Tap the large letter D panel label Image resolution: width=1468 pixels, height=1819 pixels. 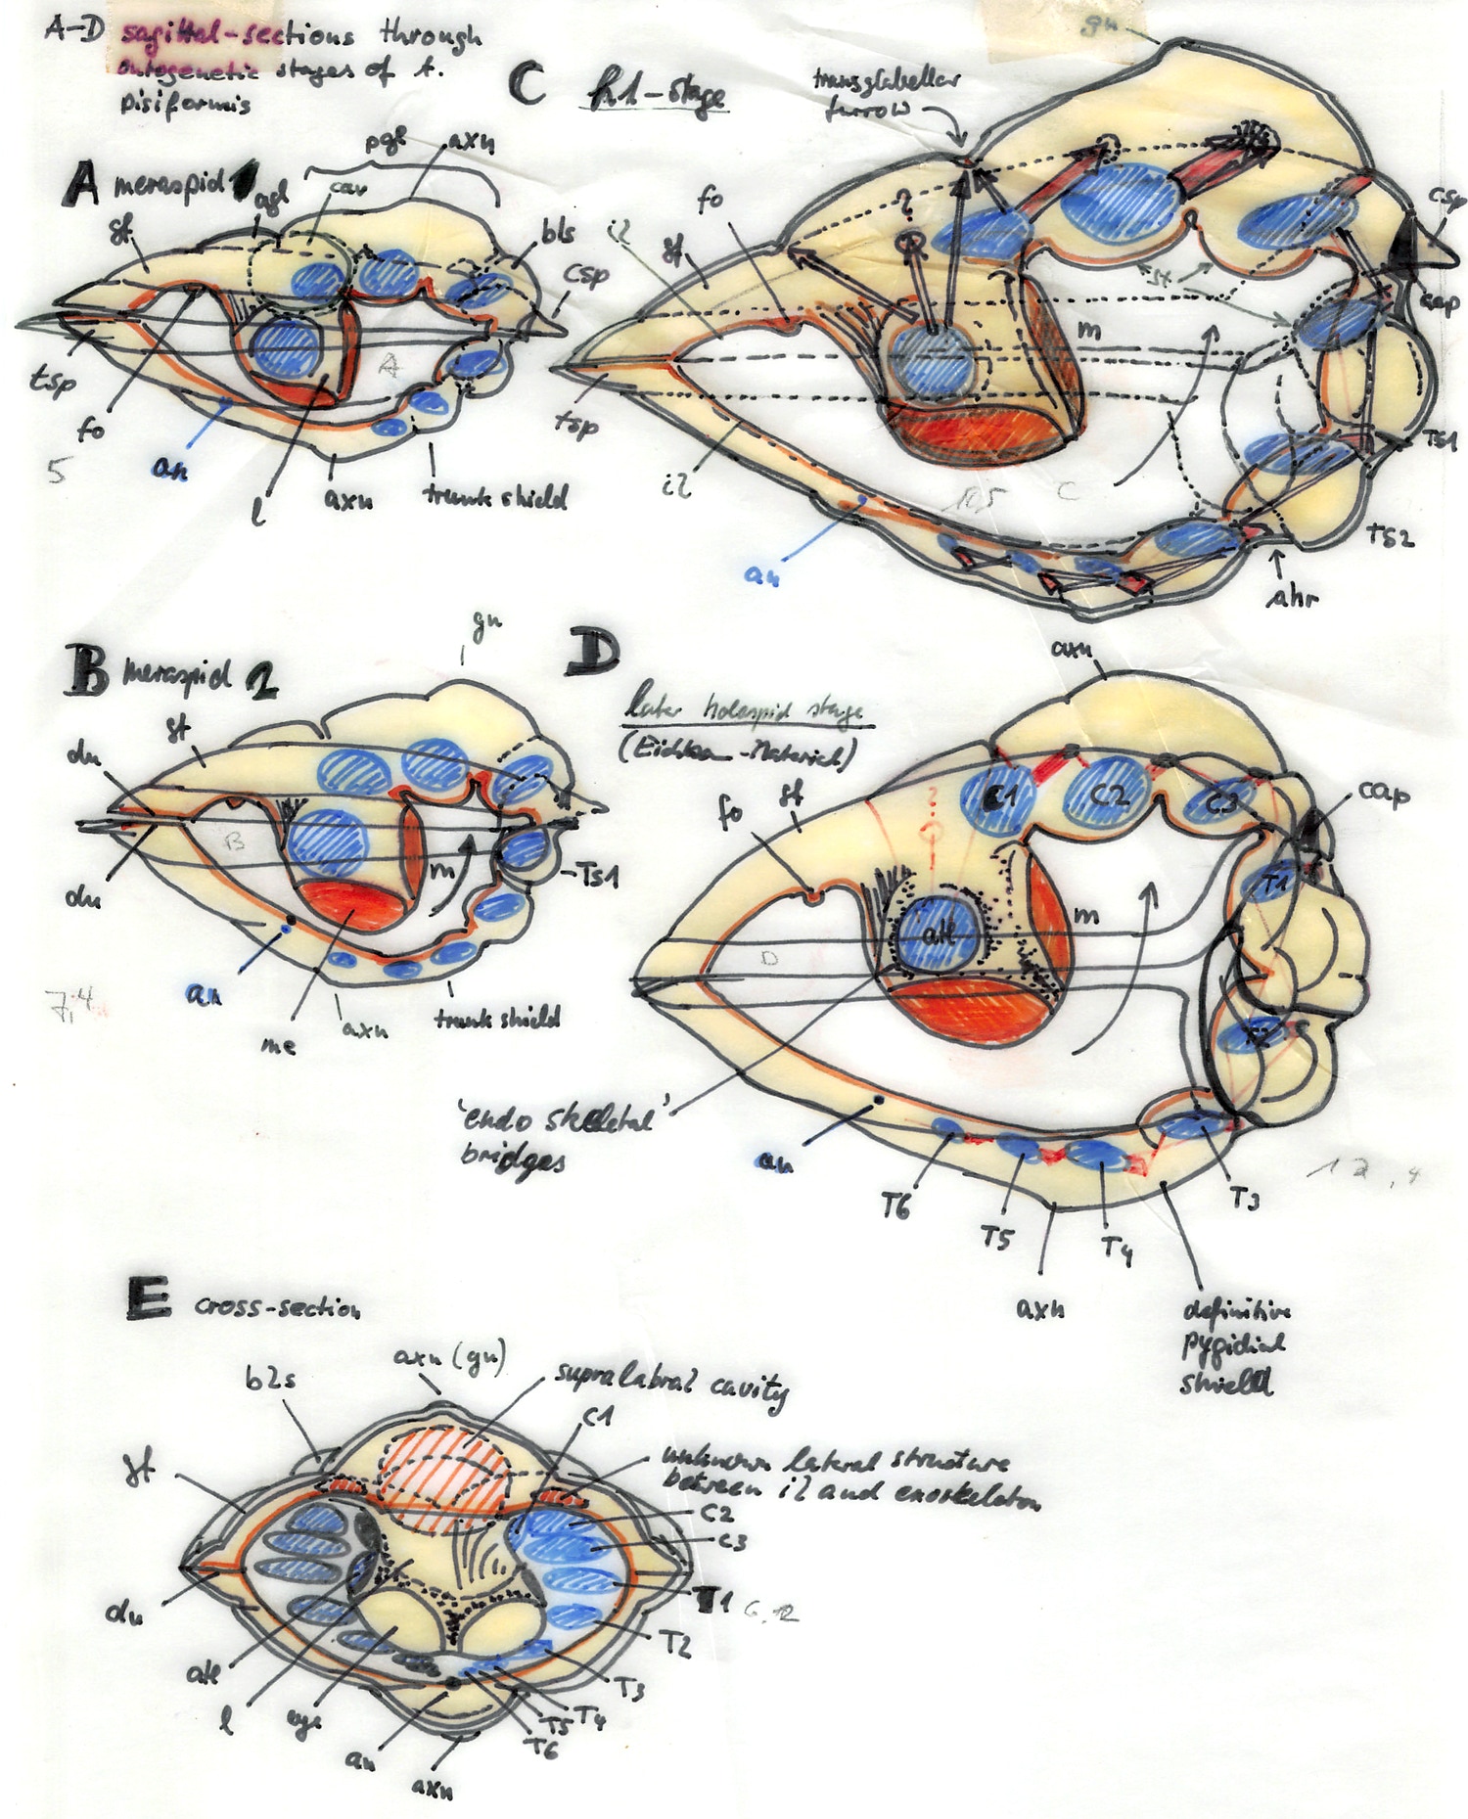click(593, 654)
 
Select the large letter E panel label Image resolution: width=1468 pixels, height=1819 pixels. click(149, 1300)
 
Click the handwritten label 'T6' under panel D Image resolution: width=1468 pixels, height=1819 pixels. click(895, 1208)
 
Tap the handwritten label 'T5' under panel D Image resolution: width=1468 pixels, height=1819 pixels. click(996, 1238)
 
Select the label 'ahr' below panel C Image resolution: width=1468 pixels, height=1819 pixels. click(1292, 596)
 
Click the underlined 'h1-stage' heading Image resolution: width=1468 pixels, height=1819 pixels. click(656, 98)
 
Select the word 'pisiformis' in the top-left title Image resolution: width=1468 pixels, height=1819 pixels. click(186, 102)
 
